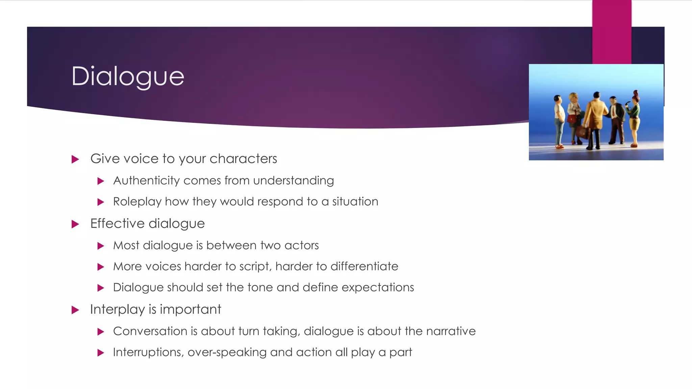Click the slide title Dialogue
(128, 76)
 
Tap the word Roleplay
(137, 202)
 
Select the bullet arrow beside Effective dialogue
(75, 224)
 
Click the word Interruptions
(148, 352)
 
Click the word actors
(301, 245)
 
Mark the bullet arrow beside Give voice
(75, 159)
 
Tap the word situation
(355, 202)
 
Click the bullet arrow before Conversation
(100, 332)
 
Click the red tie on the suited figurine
(613, 112)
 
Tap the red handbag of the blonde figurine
(572, 119)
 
